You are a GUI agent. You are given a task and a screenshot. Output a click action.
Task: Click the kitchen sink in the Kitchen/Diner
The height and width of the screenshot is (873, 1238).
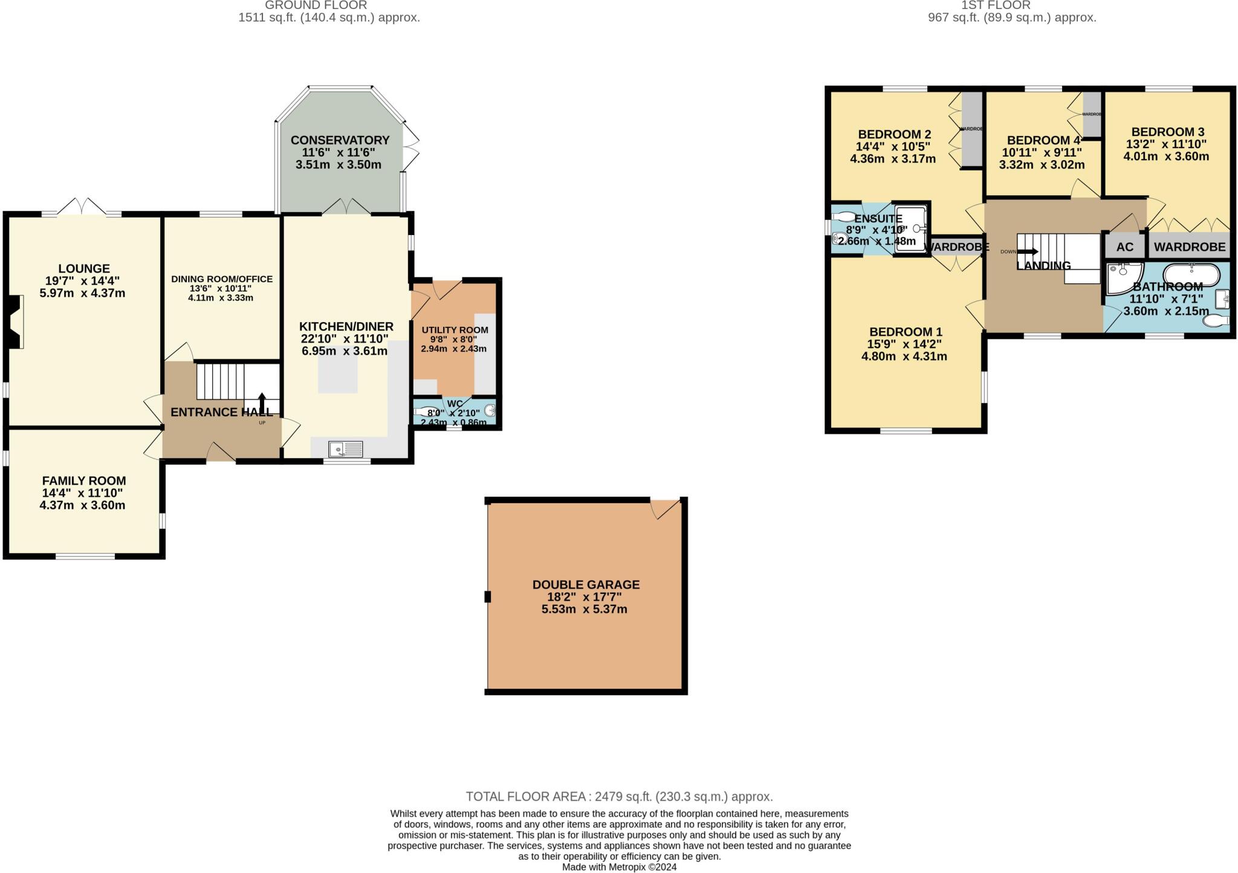point(345,449)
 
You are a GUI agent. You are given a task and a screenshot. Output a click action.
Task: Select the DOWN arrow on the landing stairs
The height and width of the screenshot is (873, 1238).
point(1027,251)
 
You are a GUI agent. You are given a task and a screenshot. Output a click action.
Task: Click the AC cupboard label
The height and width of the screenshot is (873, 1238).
point(1124,247)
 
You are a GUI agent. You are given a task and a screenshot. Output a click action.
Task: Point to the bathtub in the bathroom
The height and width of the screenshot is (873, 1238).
point(1191,275)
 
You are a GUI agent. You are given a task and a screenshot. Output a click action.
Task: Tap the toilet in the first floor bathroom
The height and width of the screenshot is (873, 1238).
point(1216,320)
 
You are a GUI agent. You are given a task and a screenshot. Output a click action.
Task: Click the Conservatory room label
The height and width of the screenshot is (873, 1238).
point(340,140)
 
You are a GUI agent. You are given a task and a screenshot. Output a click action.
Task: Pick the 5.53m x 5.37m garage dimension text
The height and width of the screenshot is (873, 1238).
point(584,609)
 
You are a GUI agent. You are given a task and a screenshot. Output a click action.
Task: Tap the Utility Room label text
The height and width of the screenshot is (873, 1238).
point(455,330)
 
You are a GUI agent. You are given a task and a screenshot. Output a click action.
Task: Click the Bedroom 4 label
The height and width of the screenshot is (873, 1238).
point(1042,140)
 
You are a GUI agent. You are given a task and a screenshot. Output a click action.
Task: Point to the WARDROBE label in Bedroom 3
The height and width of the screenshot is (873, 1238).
point(1189,247)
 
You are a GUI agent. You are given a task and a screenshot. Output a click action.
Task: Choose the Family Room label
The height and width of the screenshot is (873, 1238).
point(84,481)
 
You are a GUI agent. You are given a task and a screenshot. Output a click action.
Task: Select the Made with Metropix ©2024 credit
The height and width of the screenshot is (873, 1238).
point(619,867)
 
